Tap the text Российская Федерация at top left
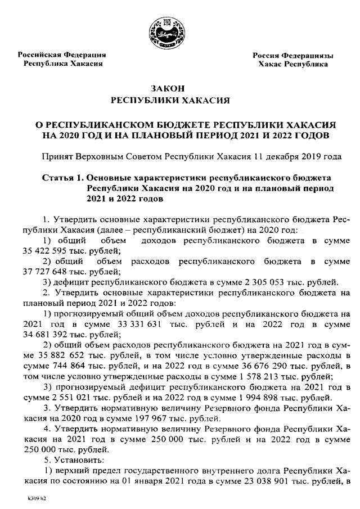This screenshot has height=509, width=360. point(62,55)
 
